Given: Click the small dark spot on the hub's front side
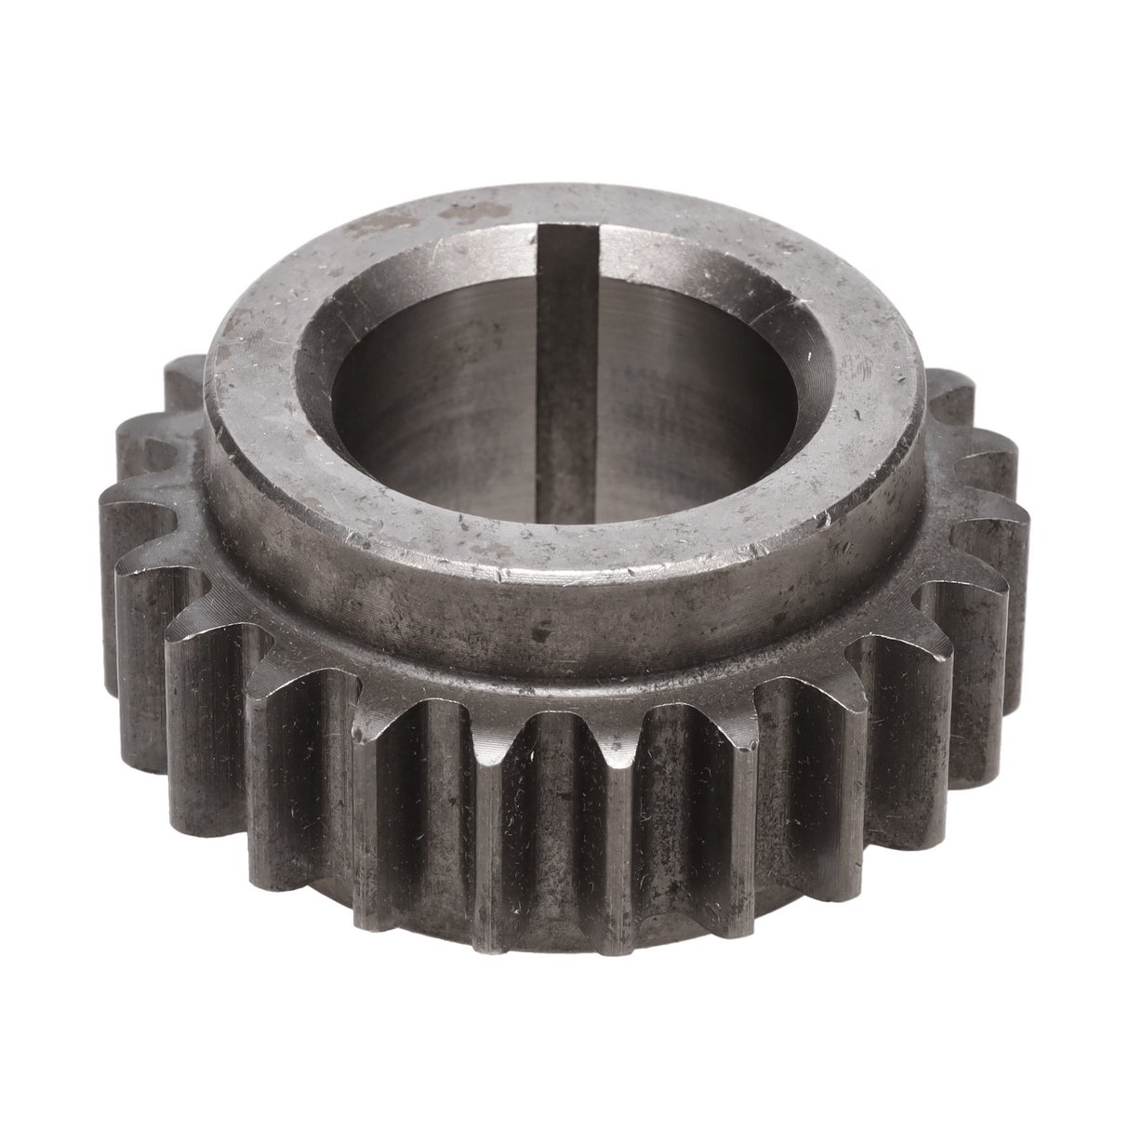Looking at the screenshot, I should (x=537, y=635).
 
